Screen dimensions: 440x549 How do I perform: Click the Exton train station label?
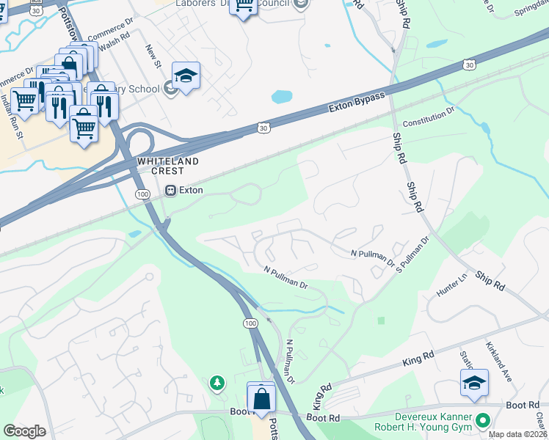[190, 190]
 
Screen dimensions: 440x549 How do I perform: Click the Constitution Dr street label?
[429, 117]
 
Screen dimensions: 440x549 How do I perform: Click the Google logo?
[24, 431]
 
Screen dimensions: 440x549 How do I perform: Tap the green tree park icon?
[217, 382]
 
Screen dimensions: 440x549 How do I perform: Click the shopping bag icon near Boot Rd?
[261, 400]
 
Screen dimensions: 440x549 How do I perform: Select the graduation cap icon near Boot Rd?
[474, 383]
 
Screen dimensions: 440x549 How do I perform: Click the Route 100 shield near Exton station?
[142, 192]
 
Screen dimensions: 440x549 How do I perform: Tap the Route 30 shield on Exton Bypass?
[263, 128]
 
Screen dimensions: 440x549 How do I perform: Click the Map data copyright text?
[518, 434]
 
